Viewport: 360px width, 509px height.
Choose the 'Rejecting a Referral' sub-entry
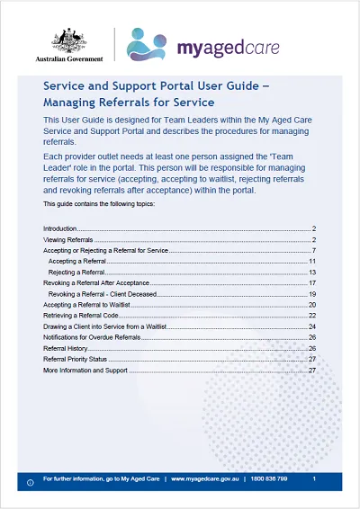pos(76,272)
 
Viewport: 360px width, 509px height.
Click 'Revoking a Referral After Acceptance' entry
pos(94,282)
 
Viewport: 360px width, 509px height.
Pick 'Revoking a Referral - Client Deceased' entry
pos(103,293)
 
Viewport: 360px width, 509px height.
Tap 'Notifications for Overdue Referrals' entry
pos(93,337)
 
